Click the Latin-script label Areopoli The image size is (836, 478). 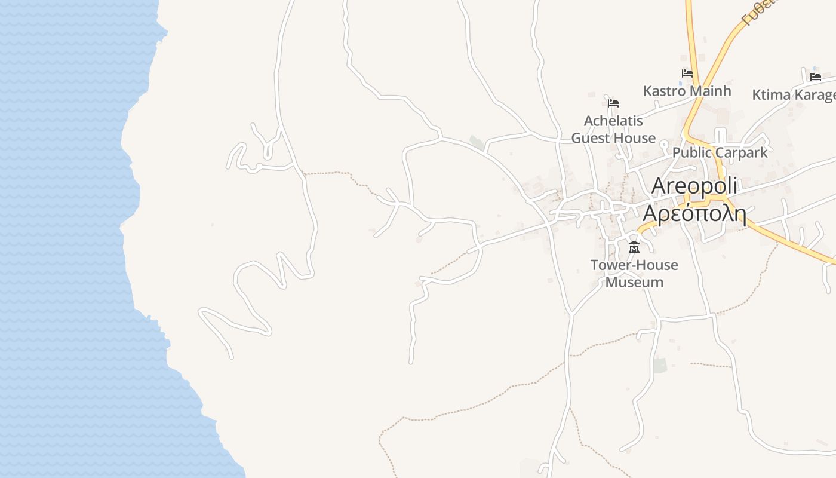694,186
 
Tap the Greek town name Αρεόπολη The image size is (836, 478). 694,213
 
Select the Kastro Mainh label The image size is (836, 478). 687,91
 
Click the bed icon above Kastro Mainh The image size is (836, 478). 687,73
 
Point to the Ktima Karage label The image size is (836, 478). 793,95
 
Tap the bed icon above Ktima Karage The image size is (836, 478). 815,76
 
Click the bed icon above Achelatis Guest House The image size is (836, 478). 613,103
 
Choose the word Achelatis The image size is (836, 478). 613,121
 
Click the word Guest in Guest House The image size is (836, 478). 592,138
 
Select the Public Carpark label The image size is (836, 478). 720,152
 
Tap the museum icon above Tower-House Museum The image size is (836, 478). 634,247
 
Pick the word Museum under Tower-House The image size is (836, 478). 634,282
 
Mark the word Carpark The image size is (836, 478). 740,152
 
